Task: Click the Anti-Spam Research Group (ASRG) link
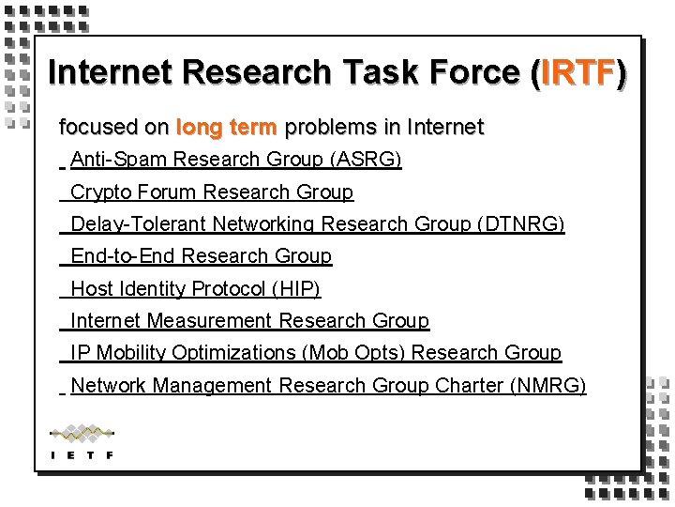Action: coord(235,161)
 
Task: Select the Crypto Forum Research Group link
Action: coord(212,192)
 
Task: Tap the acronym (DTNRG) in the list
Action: coord(520,224)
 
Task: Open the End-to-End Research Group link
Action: coord(201,256)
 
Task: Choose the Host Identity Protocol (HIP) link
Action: coord(195,288)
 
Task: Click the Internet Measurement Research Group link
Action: coord(249,321)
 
